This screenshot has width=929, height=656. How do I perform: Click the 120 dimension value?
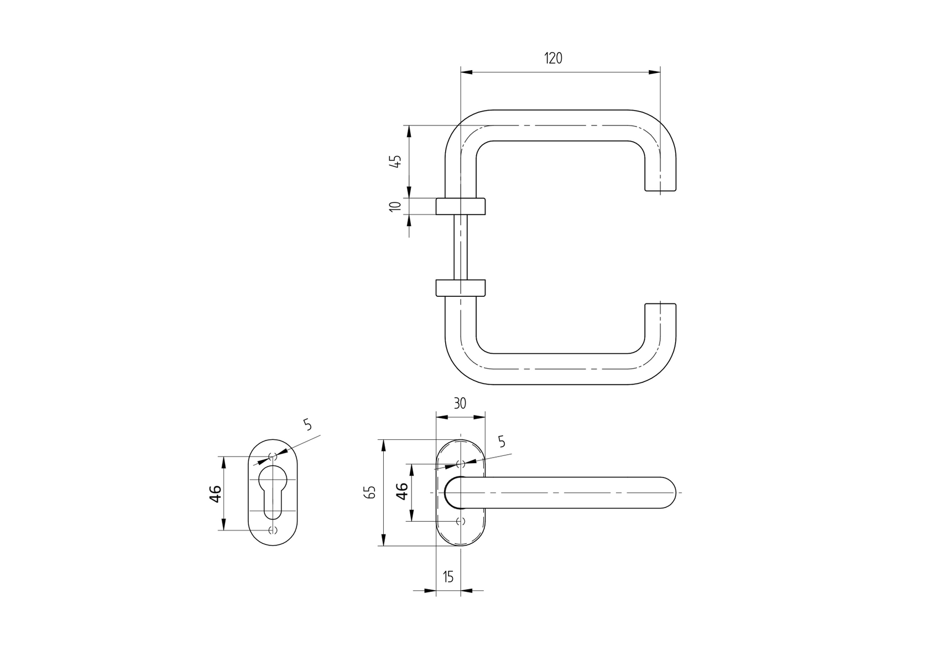pos(553,58)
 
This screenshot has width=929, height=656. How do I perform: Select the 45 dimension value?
pos(395,161)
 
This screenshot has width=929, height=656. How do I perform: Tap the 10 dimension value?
pos(395,206)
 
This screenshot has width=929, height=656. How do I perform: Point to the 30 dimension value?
pos(460,403)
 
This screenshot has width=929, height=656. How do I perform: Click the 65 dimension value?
pos(371,492)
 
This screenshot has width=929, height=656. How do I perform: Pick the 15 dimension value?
pos(448,577)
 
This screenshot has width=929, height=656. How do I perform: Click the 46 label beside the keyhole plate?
pos(215,493)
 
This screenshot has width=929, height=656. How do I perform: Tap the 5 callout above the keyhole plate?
pos(308,424)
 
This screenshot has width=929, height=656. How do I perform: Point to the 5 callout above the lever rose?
pos(502,441)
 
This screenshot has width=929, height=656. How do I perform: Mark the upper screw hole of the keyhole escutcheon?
pos(272,456)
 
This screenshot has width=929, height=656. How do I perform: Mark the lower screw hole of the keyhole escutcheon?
pos(272,531)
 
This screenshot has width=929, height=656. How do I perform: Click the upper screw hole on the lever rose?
pos(461,464)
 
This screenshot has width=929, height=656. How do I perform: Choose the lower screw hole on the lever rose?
pos(461,521)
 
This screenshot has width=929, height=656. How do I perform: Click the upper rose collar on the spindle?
pos(461,206)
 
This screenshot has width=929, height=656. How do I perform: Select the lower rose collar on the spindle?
pos(461,288)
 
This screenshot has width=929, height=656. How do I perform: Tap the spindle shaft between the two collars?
pos(461,247)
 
